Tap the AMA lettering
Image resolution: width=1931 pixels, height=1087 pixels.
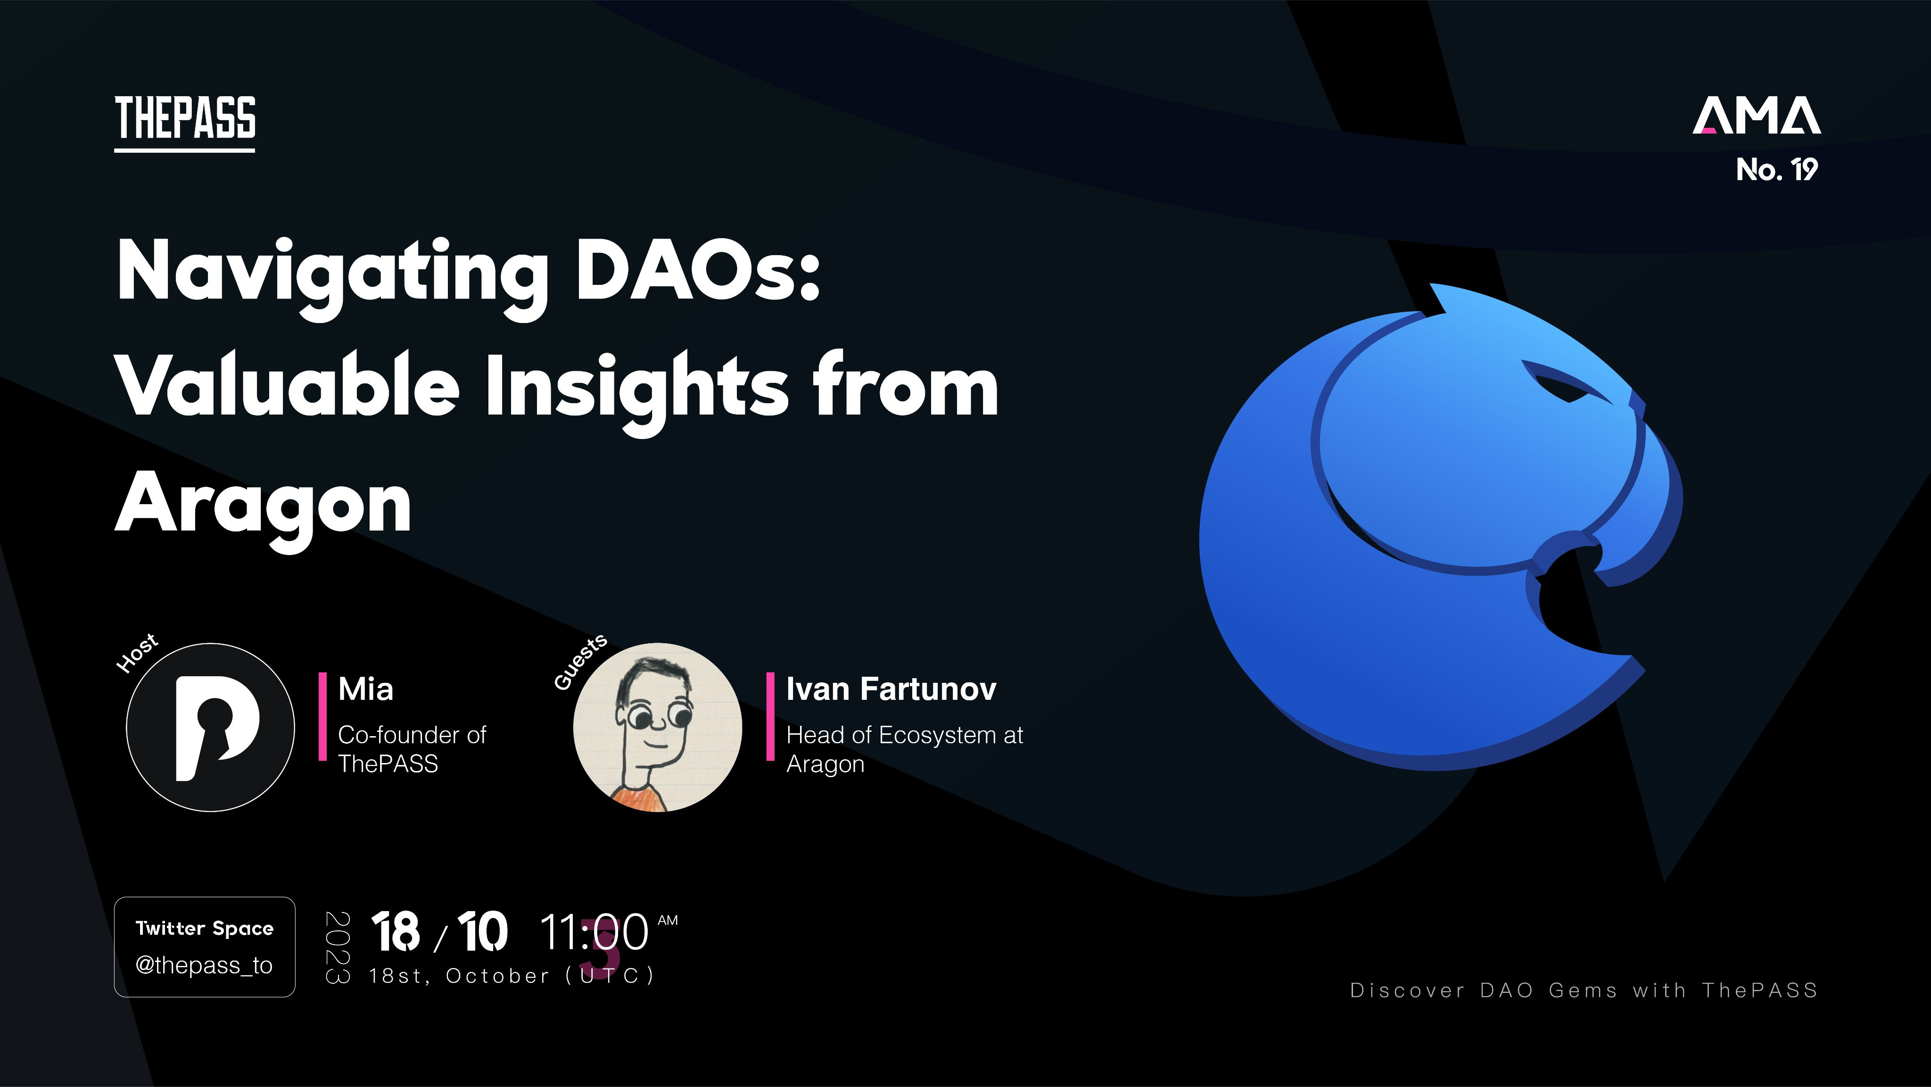[1757, 116]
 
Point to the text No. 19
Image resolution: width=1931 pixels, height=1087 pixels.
[1776, 169]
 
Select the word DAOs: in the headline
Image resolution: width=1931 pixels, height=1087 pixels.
[698, 270]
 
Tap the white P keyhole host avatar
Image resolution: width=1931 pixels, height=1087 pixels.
[211, 727]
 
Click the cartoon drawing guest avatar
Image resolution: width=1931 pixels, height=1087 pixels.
[657, 727]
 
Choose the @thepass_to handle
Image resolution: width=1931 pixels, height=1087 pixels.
[204, 965]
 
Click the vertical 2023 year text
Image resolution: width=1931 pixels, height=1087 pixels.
[338, 947]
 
